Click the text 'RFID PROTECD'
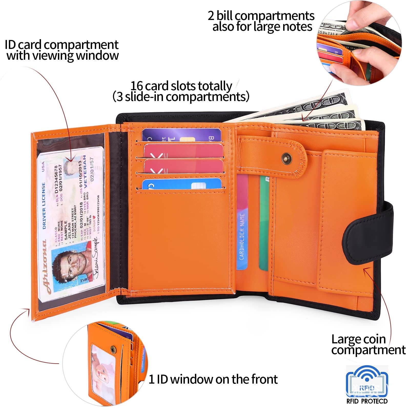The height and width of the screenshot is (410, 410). pyautogui.click(x=367, y=401)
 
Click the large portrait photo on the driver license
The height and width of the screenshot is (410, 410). pyautogui.click(x=70, y=264)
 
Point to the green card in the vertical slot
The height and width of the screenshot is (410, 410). pyautogui.click(x=264, y=223)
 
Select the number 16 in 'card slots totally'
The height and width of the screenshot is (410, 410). pyautogui.click(x=136, y=86)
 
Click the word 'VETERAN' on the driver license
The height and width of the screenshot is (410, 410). pyautogui.click(x=85, y=172)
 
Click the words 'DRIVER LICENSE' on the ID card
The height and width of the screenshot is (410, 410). pyautogui.click(x=44, y=205)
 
